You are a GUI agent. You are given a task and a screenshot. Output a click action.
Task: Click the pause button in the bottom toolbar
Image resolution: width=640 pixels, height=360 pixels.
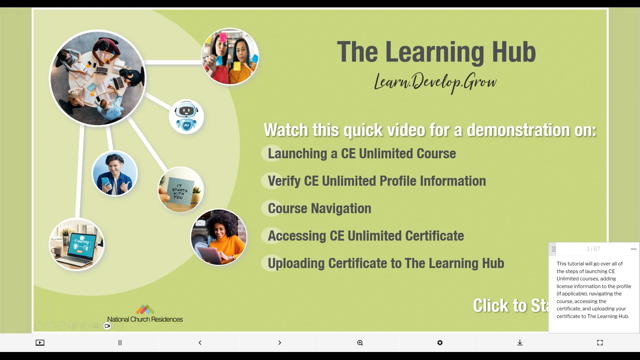click(x=120, y=343)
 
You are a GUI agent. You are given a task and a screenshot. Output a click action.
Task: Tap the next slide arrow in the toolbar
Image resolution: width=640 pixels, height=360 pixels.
click(x=280, y=343)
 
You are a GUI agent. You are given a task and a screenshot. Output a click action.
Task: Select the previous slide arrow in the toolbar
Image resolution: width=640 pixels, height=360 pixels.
click(x=200, y=343)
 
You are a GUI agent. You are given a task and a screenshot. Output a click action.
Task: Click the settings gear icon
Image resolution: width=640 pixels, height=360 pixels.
click(x=440, y=343)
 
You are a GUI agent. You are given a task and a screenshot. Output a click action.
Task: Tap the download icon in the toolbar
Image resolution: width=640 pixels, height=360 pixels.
click(x=520, y=343)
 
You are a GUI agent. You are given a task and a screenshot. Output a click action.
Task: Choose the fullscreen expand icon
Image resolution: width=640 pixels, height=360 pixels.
click(x=600, y=343)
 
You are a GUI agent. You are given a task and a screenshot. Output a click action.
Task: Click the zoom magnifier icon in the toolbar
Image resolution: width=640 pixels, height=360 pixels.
click(x=360, y=343)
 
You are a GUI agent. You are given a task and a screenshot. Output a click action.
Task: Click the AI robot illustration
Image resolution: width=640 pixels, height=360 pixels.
click(x=186, y=117)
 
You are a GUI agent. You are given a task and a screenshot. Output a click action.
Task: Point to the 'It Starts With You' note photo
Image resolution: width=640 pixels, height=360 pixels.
click(x=181, y=190)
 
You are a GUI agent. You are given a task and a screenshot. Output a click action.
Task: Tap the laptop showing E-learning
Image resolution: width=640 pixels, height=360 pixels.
click(x=77, y=244)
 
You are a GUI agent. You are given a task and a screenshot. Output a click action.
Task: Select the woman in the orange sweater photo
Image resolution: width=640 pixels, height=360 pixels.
click(x=219, y=237)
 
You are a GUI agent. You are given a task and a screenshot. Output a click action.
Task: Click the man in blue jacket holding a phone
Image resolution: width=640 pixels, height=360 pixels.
click(x=114, y=174)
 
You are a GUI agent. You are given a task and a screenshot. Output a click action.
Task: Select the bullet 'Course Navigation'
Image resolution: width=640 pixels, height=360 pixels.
click(x=319, y=208)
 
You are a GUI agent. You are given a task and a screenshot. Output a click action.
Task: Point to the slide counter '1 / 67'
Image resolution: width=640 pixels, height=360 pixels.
click(x=593, y=249)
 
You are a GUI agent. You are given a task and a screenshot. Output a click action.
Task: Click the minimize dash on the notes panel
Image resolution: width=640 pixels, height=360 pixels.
click(x=633, y=249)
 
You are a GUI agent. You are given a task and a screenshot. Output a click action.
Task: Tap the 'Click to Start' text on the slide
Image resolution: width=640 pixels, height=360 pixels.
click(x=510, y=305)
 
